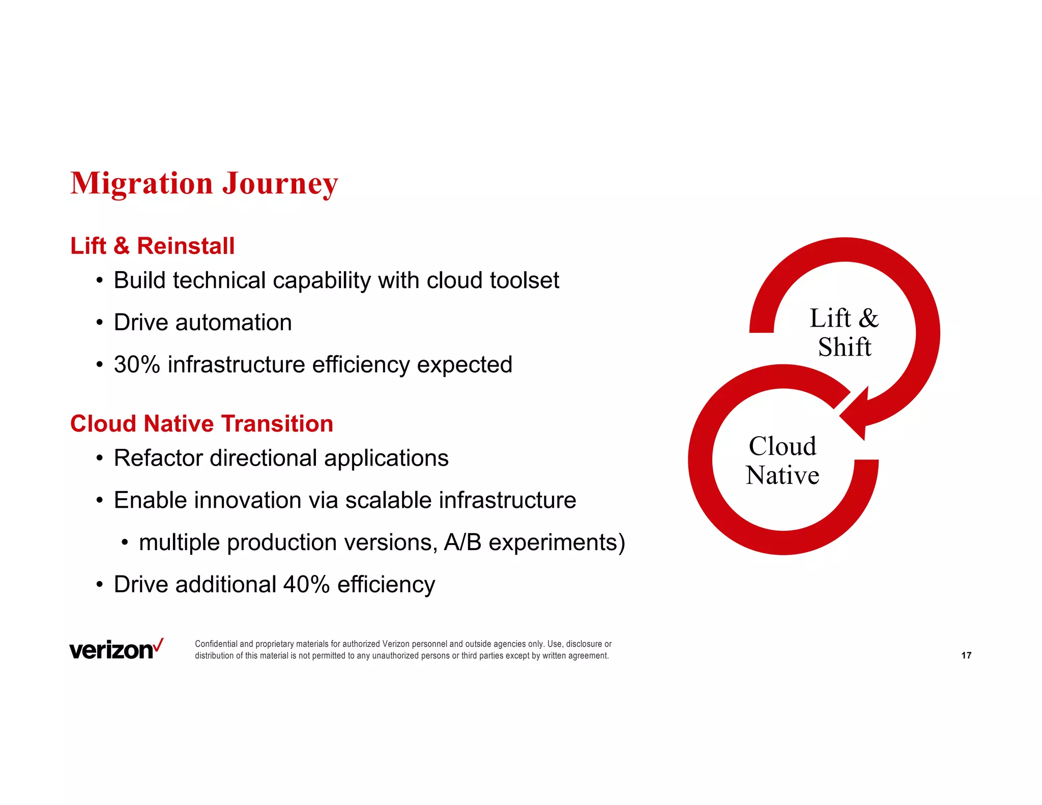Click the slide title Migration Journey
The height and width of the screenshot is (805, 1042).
pos(204,183)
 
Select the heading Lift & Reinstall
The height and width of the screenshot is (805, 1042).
pos(152,246)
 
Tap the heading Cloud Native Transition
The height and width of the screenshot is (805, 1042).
pos(201,423)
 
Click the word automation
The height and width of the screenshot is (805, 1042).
pos(234,323)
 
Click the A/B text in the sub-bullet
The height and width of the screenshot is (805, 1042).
pos(462,542)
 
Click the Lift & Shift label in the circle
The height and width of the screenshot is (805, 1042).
pos(844,333)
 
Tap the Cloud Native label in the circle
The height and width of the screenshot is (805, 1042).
pos(783,461)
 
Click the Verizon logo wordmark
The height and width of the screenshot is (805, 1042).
pos(111,651)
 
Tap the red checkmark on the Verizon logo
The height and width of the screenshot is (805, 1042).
pos(158,645)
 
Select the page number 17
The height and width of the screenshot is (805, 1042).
pos(966,655)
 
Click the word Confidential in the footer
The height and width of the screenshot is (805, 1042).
pos(216,644)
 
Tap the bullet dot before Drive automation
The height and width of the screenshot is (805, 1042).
pos(100,323)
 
